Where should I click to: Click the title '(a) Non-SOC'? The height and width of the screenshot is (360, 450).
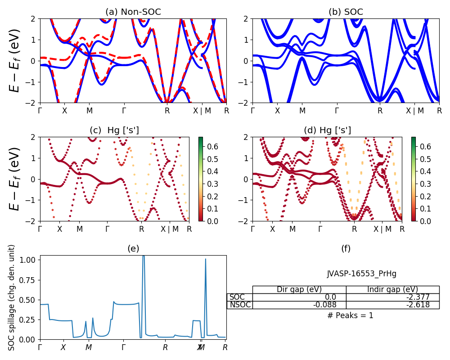(133, 12)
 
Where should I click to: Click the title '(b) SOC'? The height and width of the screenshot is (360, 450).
(346, 12)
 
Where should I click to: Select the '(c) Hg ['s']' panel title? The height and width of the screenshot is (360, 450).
(114, 130)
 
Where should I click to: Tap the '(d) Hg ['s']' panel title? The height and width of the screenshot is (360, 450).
(327, 130)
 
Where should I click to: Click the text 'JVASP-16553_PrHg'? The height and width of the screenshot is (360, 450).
(361, 274)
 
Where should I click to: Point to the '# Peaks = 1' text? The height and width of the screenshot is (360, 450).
(351, 315)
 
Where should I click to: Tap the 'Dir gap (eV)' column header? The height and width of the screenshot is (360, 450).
(299, 289)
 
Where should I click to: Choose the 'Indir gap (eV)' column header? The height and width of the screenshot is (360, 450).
(392, 289)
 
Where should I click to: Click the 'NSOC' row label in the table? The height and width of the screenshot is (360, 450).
(240, 305)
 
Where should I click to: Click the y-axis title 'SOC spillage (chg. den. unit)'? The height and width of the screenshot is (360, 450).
(12, 297)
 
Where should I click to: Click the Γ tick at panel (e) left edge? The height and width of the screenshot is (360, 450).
(40, 347)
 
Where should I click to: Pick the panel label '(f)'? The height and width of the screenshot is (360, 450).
(346, 248)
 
